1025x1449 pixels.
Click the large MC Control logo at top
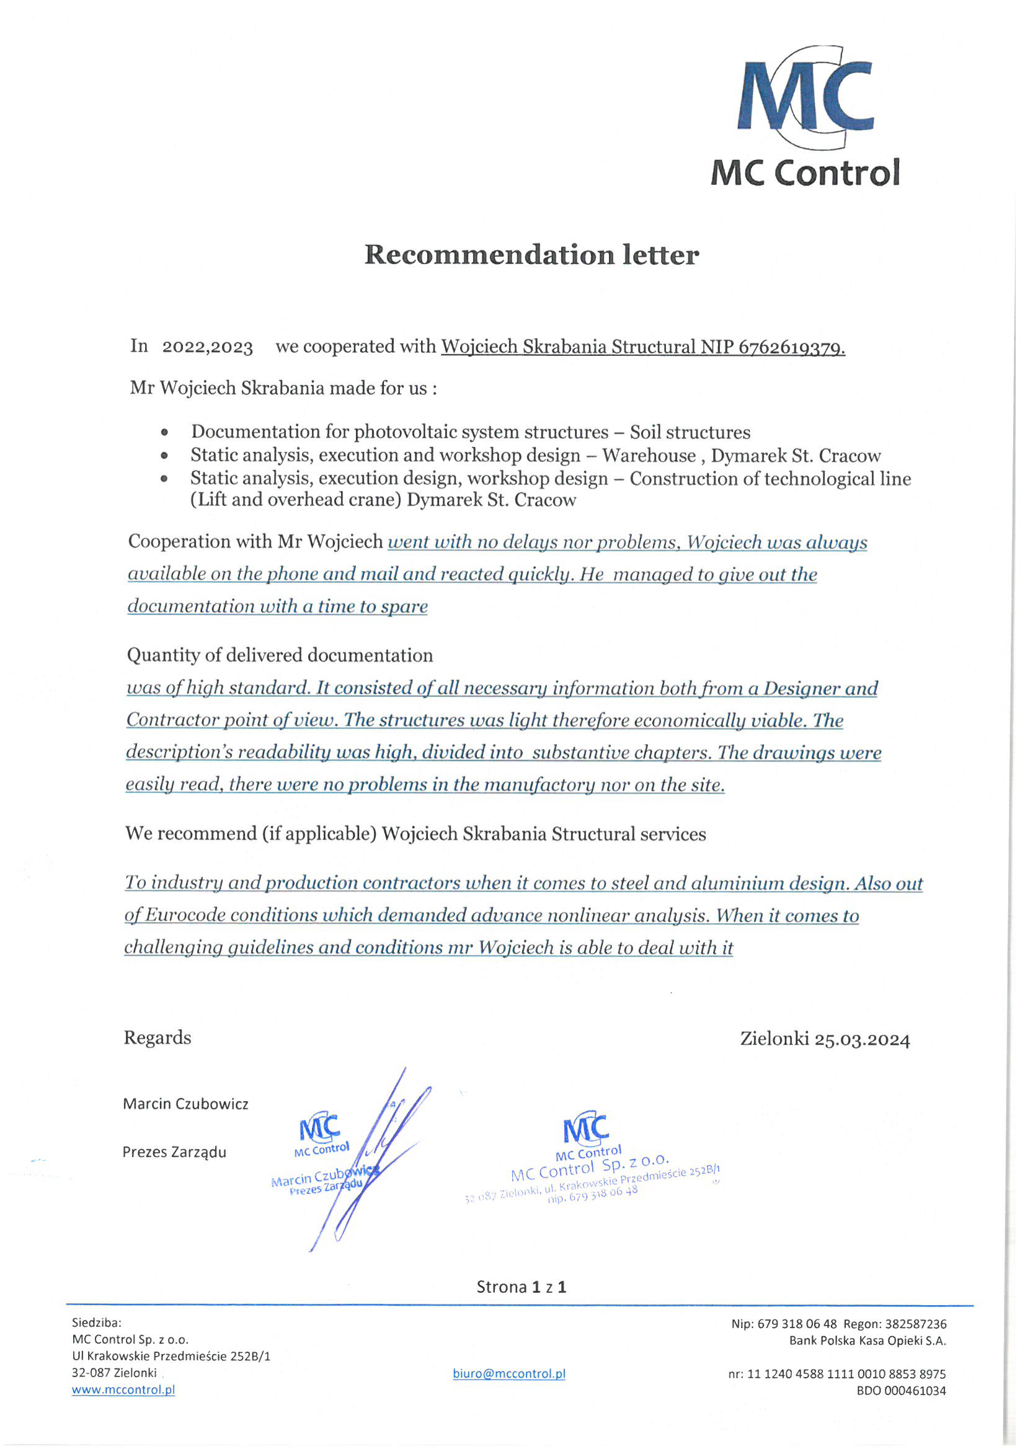point(805,117)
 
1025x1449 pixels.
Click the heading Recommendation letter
point(531,255)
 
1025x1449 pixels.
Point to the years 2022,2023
point(207,347)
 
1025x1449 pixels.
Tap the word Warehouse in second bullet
point(649,456)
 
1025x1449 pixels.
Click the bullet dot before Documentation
point(165,433)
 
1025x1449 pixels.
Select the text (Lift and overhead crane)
point(296,500)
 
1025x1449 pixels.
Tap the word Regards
point(157,1038)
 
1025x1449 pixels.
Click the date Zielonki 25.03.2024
point(824,1039)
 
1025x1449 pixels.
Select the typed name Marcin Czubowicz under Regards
point(185,1104)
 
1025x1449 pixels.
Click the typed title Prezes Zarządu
point(174,1152)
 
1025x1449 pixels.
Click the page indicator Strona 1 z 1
point(521,1287)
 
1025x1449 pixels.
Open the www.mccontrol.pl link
point(123,1389)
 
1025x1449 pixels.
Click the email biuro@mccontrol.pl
point(508,1373)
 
